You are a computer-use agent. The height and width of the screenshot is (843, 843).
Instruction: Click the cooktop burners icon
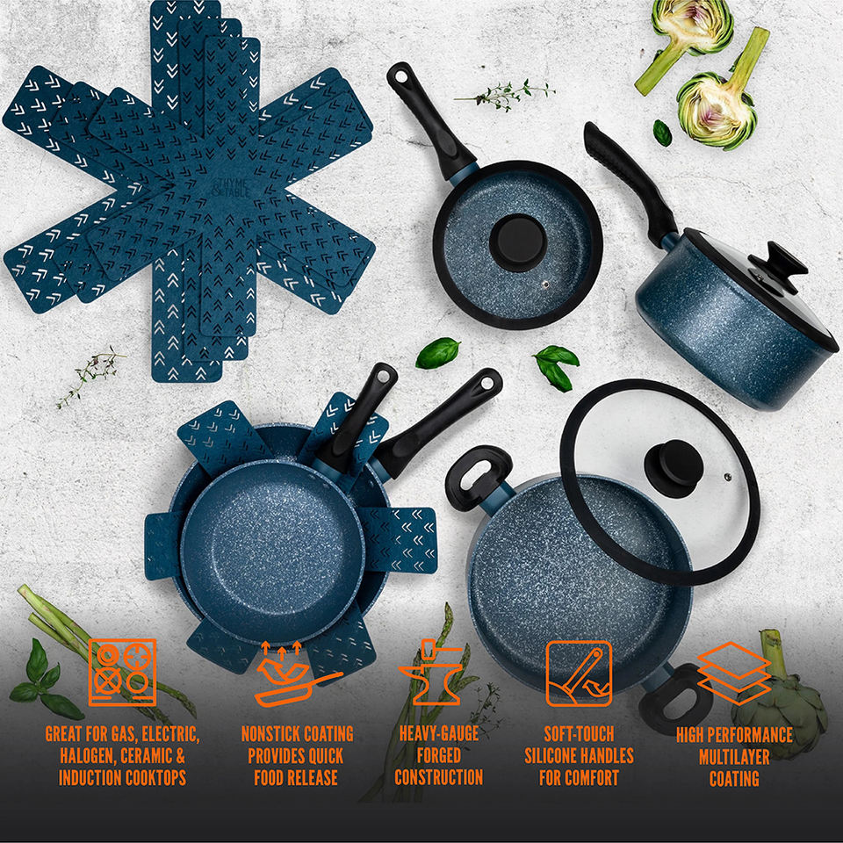coord(123,672)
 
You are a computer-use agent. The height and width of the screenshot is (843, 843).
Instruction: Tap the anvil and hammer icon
coord(431,672)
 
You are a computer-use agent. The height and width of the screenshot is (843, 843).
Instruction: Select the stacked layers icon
coord(733,674)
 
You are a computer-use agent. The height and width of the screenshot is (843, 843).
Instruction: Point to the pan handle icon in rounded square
coord(579,674)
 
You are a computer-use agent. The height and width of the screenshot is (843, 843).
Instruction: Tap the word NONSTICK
coord(271,734)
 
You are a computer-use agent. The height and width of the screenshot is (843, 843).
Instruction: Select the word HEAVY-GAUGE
coord(439,733)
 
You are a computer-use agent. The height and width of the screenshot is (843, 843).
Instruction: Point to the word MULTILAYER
coord(734,757)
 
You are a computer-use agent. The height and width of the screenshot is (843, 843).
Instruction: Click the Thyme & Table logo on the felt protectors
coord(232,188)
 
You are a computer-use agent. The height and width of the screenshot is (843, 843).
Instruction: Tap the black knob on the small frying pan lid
coord(518,242)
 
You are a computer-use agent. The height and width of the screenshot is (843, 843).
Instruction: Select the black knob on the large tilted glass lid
coord(674,468)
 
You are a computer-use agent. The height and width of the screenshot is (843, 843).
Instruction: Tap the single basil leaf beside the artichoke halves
coord(662,133)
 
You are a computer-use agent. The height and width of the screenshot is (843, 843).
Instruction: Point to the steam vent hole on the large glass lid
coord(727,477)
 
